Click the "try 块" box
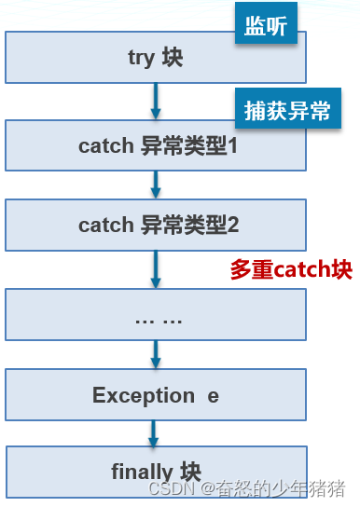(155, 58)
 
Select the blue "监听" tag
(266, 27)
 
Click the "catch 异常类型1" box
(155, 145)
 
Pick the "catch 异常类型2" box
(155, 224)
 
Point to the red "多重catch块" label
(291, 269)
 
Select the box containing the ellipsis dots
(155, 315)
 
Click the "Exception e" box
(155, 395)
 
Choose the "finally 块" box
(155, 472)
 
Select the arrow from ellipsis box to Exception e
(156, 354)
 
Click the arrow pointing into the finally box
(156, 432)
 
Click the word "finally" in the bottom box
(142, 472)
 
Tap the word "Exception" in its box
(143, 395)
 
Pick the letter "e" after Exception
(213, 396)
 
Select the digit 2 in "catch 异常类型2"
(234, 225)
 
